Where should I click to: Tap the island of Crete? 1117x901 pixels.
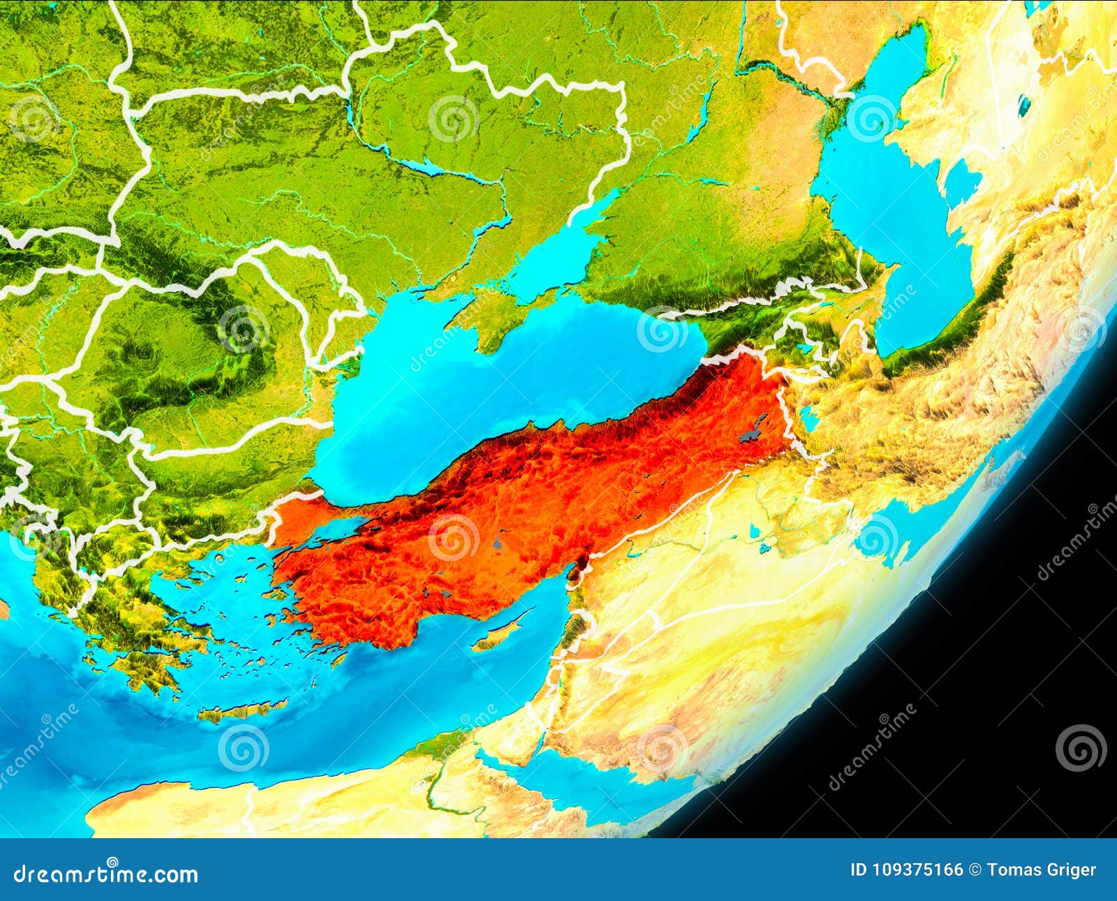tap(241, 710)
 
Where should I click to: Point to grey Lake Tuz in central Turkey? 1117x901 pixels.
tap(497, 541)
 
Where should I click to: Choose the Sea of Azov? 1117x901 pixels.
tap(558, 255)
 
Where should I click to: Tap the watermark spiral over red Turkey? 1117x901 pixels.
tap(453, 538)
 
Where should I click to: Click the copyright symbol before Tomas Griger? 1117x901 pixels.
tap(975, 870)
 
